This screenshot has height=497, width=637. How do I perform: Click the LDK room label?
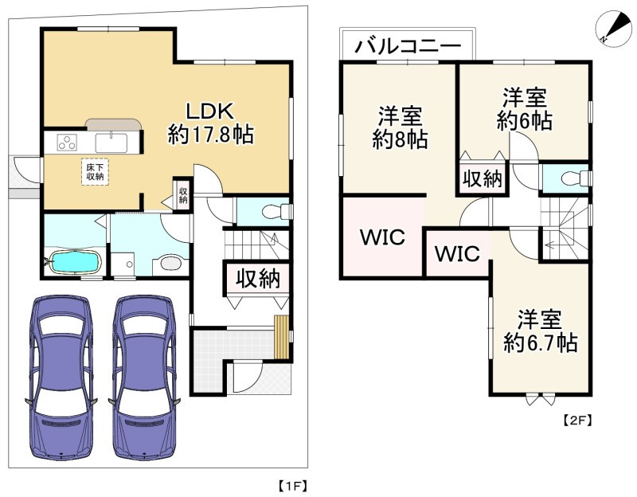[x=209, y=111]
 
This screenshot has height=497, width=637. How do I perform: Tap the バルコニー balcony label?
[x=408, y=47]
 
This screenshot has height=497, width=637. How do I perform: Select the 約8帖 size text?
[x=401, y=140]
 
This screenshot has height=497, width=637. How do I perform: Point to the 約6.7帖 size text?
[x=541, y=343]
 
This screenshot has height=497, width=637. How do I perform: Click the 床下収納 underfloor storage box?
[x=95, y=172]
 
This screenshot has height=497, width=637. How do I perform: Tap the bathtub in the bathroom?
[x=74, y=262]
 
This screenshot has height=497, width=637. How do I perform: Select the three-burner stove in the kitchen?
[x=67, y=143]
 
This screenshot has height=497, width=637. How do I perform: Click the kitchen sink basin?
[x=111, y=143]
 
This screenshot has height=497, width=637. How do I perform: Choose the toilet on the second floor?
[x=574, y=178]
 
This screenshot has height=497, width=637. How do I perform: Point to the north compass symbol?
[x=613, y=29]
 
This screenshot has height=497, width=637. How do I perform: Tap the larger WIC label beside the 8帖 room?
[x=383, y=237]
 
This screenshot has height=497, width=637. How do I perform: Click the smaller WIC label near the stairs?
[x=457, y=253]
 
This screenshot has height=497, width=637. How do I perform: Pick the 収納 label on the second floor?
[x=483, y=178]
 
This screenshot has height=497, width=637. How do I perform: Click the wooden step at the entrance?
[x=281, y=337]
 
